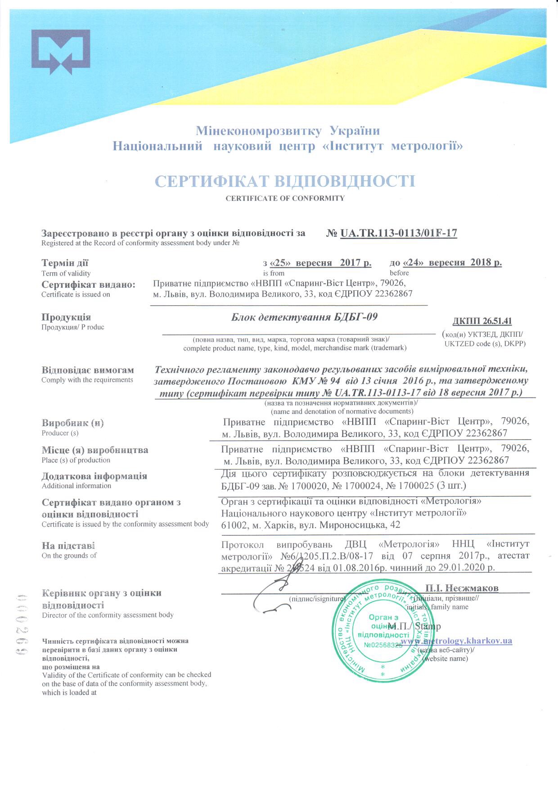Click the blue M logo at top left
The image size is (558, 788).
tap(60, 52)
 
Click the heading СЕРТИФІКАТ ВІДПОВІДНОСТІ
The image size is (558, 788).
tap(284, 181)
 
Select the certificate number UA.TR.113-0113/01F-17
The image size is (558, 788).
tap(398, 233)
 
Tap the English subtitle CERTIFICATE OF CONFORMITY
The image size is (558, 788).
tap(285, 198)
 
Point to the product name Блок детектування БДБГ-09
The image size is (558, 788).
tap(304, 317)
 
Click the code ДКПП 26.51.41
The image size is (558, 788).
tap(482, 321)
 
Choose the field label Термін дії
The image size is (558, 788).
tap(65, 263)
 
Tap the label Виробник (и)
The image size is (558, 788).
tap(73, 423)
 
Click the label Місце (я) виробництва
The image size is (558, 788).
tap(94, 450)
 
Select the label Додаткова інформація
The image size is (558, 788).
tap(94, 476)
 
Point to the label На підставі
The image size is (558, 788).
tap(68, 546)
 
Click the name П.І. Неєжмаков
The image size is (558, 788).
tap(462, 588)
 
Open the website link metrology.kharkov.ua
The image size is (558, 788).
tap(456, 641)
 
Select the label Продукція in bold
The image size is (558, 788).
tap(66, 317)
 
